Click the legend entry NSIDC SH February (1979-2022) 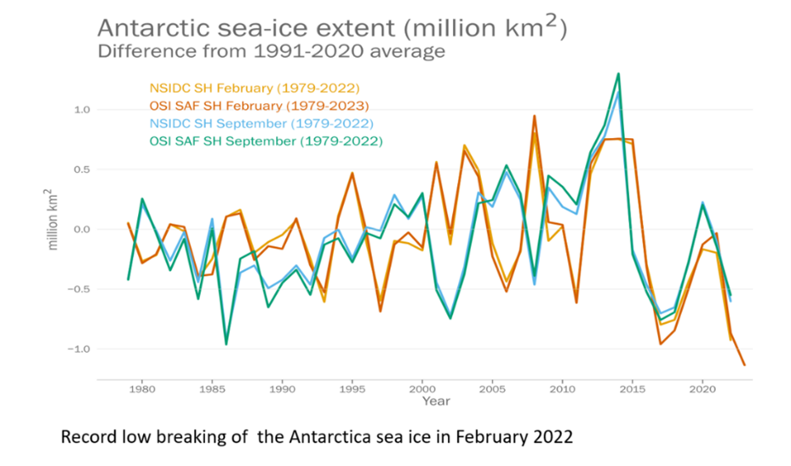click(255, 88)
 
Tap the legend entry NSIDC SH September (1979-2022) click(258, 124)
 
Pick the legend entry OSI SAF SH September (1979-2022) click(266, 141)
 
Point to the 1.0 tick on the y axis click(81, 109)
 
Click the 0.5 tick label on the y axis click(81, 169)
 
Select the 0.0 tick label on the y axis click(81, 229)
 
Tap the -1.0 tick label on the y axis click(79, 349)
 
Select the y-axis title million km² click(53, 219)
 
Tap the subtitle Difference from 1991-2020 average click(272, 51)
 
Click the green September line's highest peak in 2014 click(618, 73)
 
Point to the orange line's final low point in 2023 click(744, 365)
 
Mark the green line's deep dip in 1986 click(226, 344)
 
